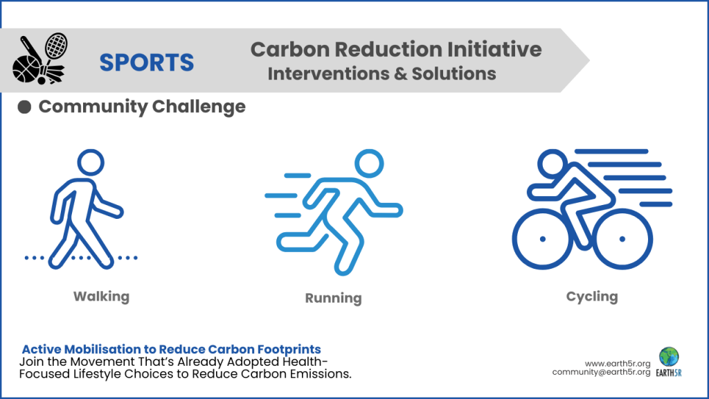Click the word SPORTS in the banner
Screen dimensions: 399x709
[x=146, y=62]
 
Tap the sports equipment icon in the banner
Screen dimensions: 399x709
[x=39, y=60]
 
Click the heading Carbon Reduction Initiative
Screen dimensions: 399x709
[x=395, y=49]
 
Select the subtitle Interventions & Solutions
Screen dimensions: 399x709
[x=382, y=73]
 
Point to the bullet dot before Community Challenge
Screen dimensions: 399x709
[x=24, y=107]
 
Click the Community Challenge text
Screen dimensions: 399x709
[x=142, y=107]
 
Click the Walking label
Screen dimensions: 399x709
[x=101, y=296]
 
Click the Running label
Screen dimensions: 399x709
[x=333, y=299]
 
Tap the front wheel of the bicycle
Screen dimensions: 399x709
[x=622, y=239]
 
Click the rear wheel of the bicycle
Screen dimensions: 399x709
[x=542, y=239]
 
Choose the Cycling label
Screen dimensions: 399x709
[x=591, y=296]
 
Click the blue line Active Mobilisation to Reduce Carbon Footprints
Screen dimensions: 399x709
[x=171, y=349]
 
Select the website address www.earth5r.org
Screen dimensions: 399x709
[x=617, y=363]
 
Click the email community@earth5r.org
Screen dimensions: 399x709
[x=600, y=373]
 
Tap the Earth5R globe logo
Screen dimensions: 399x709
[x=669, y=357]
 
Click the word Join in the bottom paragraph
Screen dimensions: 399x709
[x=33, y=362]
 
